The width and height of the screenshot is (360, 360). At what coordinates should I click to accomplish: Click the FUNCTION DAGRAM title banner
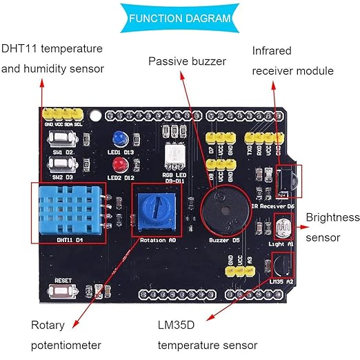point(179,18)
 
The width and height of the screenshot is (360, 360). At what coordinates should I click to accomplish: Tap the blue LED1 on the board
point(120,139)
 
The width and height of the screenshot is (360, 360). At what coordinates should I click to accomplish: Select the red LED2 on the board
point(119,163)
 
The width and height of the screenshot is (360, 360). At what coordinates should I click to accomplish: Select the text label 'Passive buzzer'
point(187,61)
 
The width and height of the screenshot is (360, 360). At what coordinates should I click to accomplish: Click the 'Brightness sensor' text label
point(332,228)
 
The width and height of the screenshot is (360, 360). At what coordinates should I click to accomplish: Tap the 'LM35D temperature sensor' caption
point(208,334)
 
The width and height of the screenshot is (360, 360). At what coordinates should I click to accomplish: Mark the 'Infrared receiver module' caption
point(292,61)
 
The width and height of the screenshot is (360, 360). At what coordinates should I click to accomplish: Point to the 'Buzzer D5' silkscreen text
point(224,240)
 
